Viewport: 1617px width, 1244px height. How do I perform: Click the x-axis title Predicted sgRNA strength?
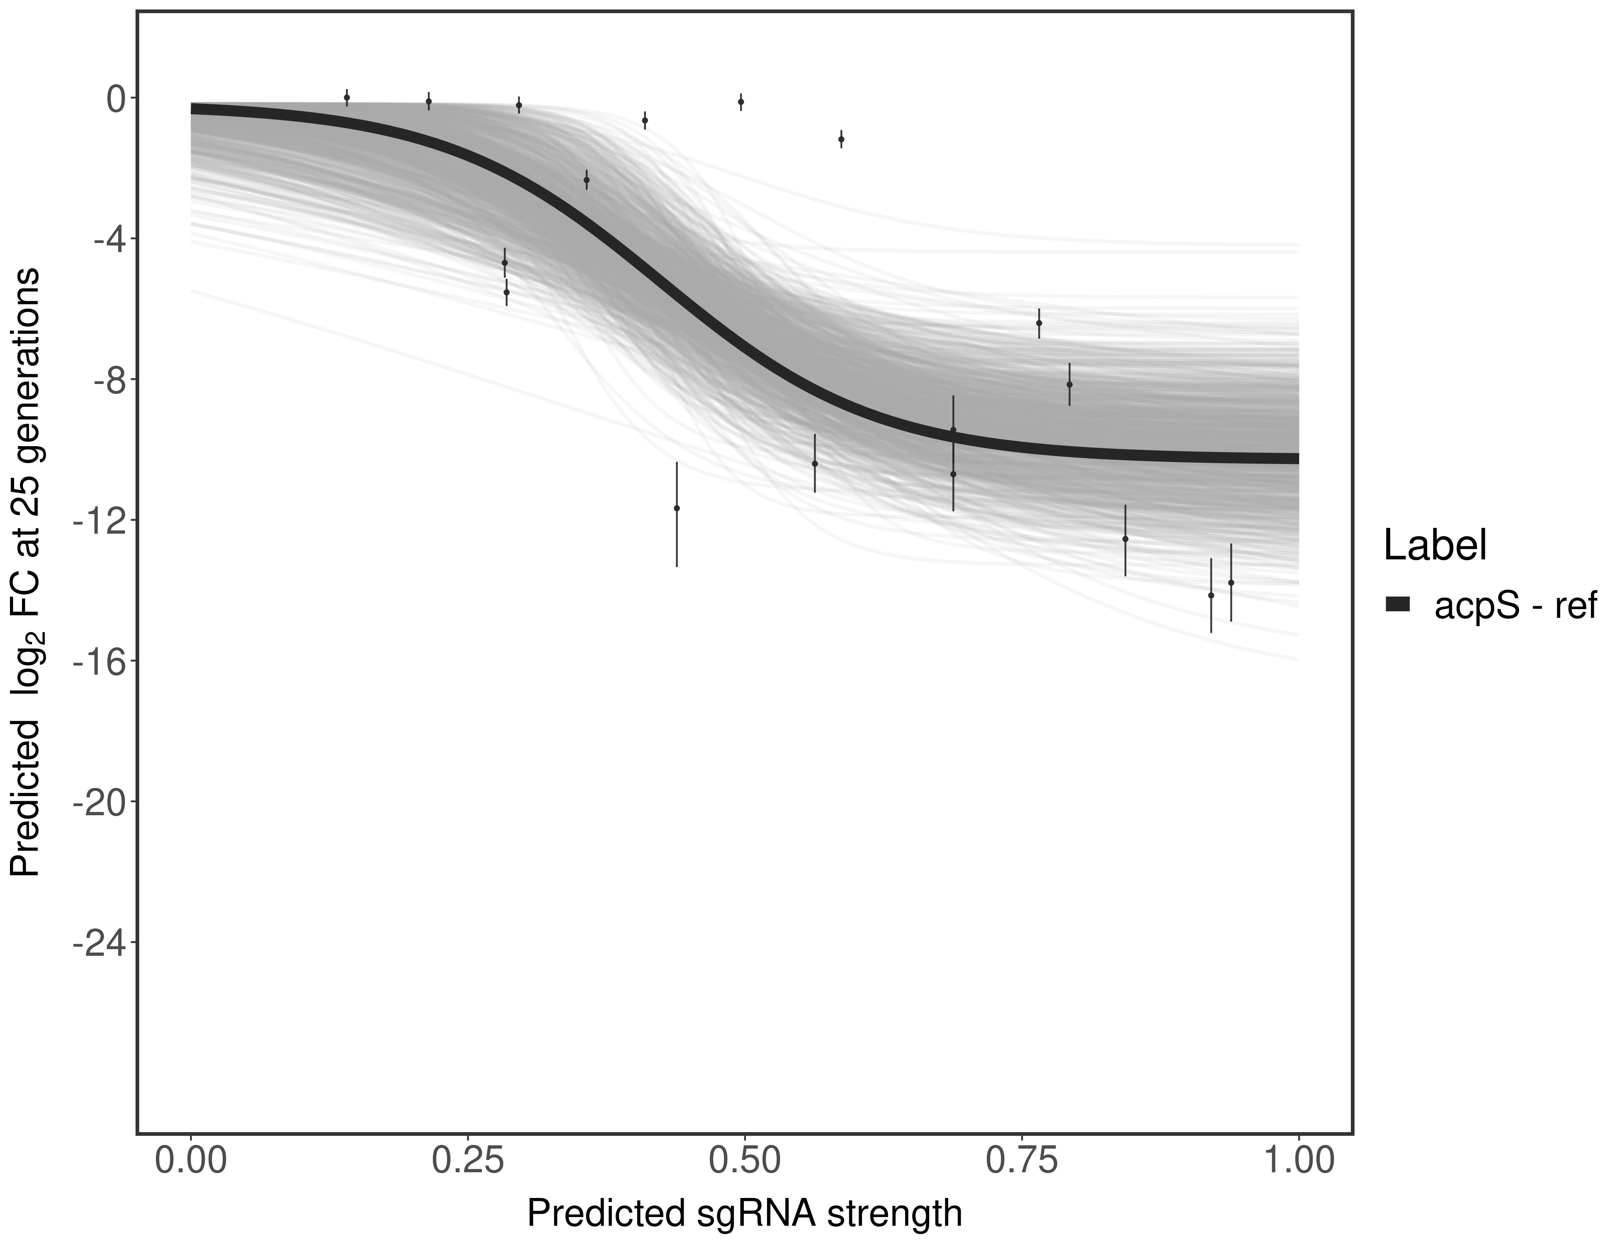745,1215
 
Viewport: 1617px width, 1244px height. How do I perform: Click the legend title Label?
1435,547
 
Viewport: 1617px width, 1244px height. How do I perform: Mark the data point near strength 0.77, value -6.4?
1039,323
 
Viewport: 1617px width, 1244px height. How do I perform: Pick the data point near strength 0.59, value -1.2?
841,139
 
